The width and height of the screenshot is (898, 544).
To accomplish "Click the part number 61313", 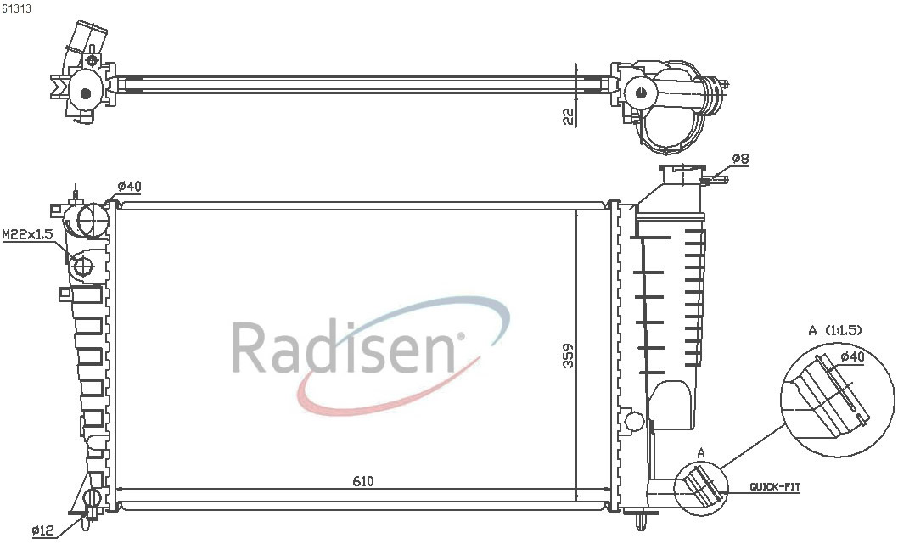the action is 17,9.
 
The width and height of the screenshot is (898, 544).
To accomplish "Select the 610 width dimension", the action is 362,481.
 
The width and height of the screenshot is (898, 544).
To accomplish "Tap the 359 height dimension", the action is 568,356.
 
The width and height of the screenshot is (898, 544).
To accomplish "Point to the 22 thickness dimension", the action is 568,117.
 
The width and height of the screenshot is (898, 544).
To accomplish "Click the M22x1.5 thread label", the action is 28,234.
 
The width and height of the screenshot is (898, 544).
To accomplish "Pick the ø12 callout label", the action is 43,530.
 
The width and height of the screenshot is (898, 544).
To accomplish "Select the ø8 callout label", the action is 740,159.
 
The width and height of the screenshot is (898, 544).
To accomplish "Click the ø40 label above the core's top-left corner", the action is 129,186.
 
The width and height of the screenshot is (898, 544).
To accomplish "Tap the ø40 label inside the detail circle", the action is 852,356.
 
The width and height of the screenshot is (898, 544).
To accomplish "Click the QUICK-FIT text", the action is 776,487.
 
